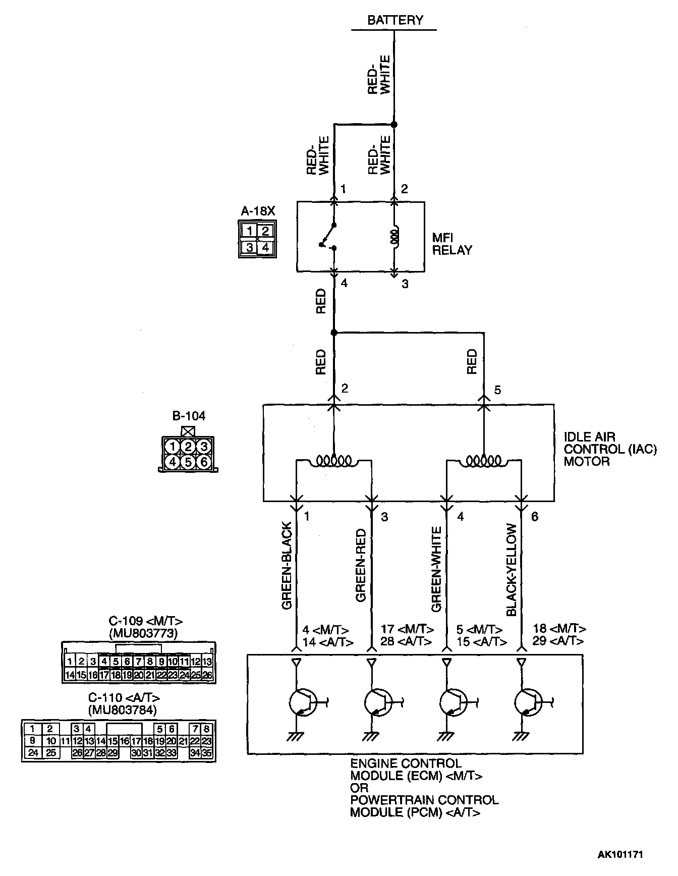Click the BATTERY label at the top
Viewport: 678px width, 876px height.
pos(395,20)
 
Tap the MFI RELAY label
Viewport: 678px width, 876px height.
pos(452,243)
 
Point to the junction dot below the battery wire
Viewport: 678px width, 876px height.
pos(394,124)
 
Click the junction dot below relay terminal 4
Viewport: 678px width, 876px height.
pos(333,332)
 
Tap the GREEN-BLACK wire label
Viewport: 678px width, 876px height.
pos(287,566)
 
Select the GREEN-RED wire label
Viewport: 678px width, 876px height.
pos(361,566)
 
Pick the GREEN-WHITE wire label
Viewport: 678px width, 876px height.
pos(436,569)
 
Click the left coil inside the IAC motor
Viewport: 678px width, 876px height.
pos(333,460)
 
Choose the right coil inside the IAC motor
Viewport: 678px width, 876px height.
pos(484,460)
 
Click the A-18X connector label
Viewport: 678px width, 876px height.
pos(258,211)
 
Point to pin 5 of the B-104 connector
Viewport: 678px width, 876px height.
pos(188,461)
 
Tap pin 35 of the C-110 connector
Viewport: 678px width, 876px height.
pos(207,753)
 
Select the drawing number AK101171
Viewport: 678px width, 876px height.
pos(620,854)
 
